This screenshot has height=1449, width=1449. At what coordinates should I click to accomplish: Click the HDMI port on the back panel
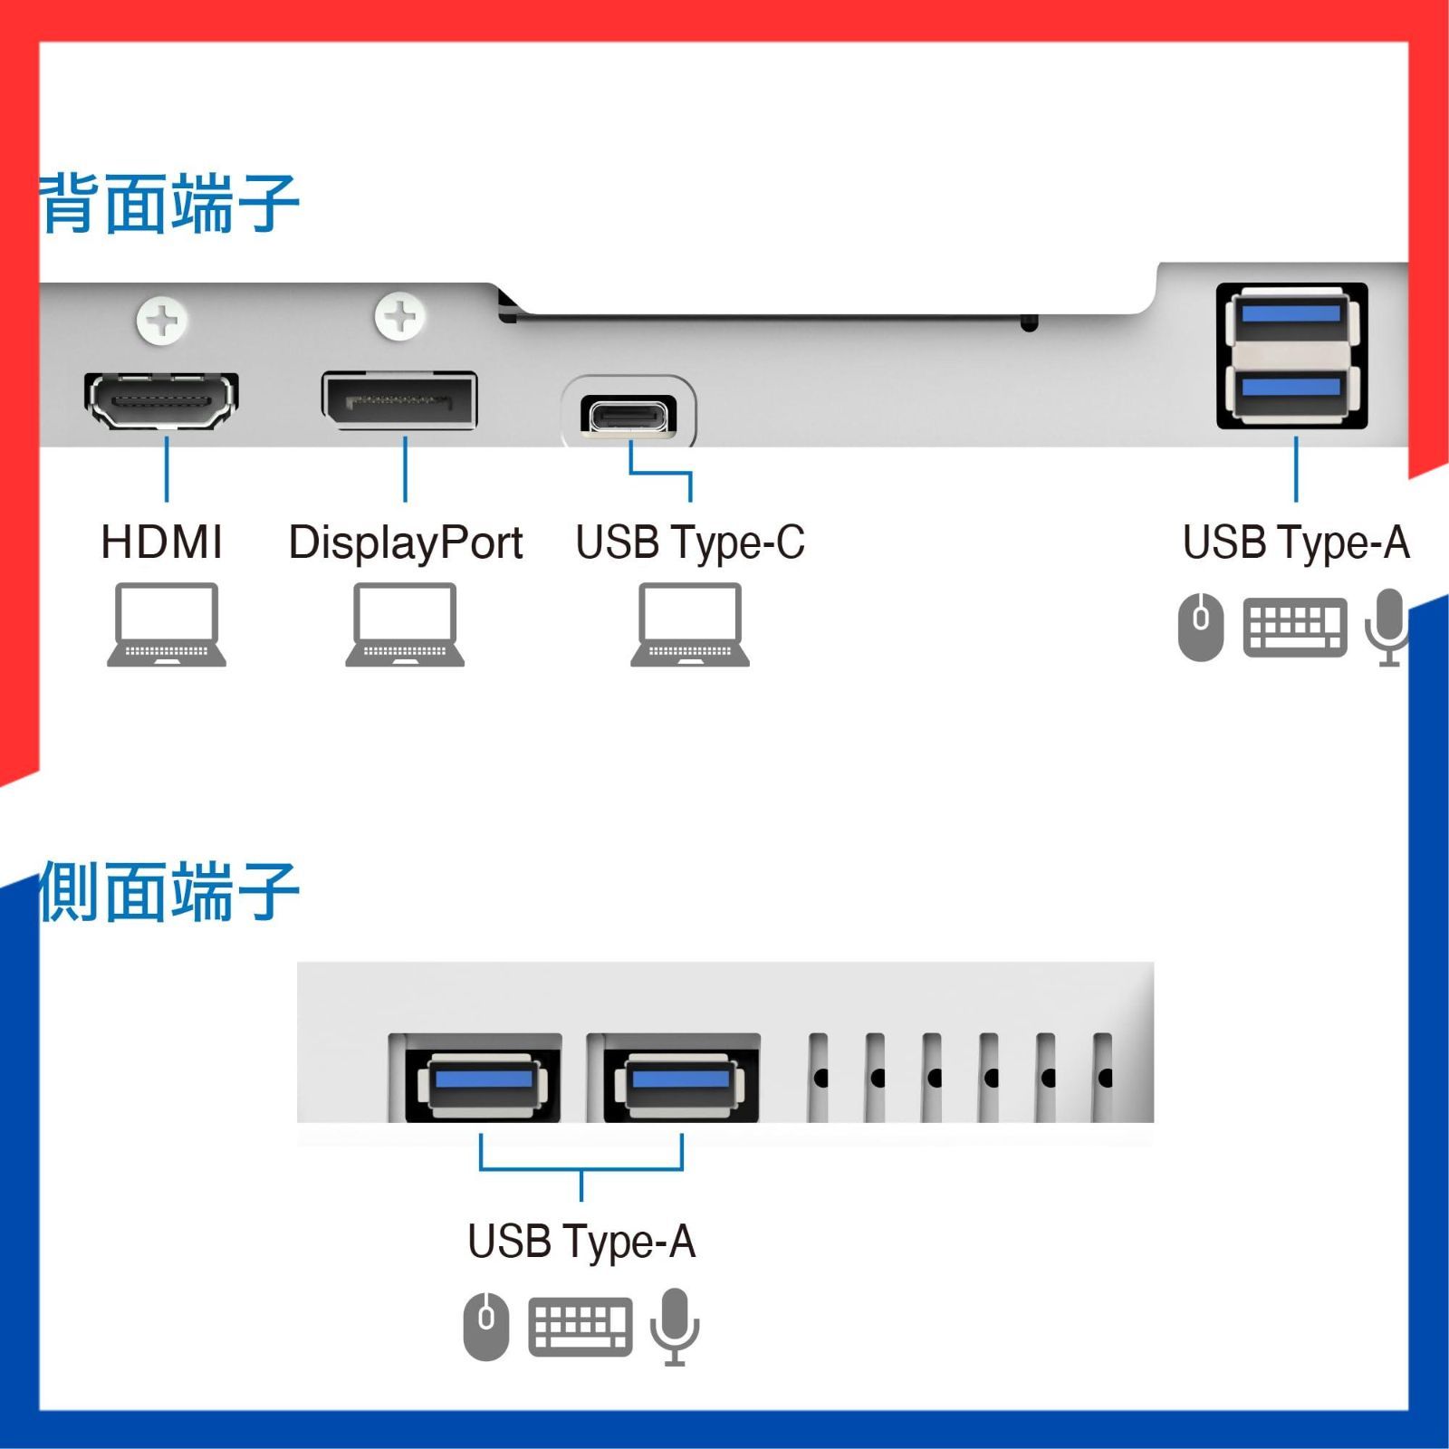[162, 399]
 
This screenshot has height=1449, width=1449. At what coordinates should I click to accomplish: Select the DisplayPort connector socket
[399, 399]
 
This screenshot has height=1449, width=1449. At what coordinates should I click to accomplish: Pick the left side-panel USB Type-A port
[483, 1082]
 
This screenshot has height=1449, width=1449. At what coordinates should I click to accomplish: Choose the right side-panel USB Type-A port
[680, 1082]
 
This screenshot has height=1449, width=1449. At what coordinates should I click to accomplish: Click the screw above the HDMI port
[162, 320]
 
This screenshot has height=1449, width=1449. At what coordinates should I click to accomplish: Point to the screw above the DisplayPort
[399, 317]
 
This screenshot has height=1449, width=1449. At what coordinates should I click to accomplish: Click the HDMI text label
[162, 542]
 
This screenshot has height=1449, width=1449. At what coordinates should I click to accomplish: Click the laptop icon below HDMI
[167, 625]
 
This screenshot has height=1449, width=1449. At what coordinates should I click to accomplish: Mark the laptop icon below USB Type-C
[690, 625]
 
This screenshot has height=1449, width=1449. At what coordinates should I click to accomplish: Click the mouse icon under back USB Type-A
[1201, 626]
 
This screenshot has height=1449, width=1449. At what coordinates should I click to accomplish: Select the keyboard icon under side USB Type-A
[580, 1327]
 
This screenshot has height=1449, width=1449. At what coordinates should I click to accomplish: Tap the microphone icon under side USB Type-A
[675, 1326]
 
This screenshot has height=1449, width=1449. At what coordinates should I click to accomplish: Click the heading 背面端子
[170, 205]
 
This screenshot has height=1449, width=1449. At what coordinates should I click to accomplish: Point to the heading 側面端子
[168, 893]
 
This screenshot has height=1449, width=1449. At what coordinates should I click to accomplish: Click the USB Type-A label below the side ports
[581, 1242]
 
